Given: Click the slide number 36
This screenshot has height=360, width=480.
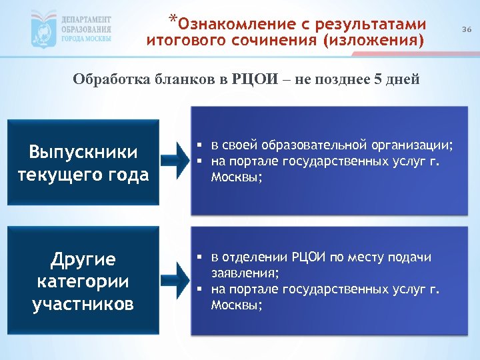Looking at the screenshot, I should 467,30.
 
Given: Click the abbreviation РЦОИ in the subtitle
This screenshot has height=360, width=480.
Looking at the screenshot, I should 253,81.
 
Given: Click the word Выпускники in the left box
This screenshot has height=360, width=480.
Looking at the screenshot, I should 83,152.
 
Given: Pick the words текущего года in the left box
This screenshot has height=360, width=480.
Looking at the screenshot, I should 83,176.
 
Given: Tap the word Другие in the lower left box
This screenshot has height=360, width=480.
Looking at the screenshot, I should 83,258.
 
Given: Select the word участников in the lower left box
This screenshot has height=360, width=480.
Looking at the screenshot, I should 83,304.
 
